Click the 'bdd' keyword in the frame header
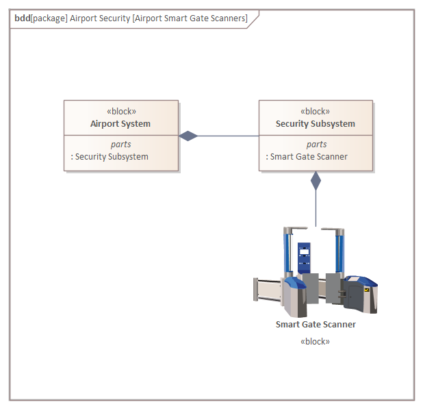(x=22, y=18)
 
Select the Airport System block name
(x=120, y=124)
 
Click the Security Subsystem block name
(x=315, y=124)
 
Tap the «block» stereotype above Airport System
(x=121, y=112)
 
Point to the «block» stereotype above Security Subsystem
(x=315, y=112)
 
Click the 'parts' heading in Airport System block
(x=121, y=145)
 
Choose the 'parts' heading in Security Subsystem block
(x=316, y=145)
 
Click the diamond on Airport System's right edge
(x=188, y=136)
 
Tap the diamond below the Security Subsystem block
(x=315, y=181)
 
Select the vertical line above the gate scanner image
(x=315, y=208)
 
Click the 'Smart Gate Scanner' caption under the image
(x=315, y=325)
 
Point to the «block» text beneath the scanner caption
(x=315, y=341)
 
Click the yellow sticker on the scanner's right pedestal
(x=368, y=290)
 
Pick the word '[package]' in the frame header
(x=49, y=18)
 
